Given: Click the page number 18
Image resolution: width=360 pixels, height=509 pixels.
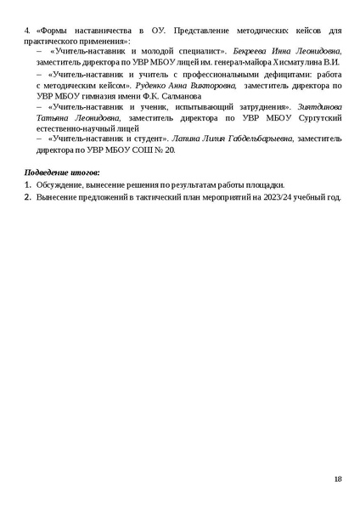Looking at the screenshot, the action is pos(338,479).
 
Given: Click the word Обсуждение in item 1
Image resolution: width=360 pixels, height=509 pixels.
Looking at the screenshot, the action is pos(58,184).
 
